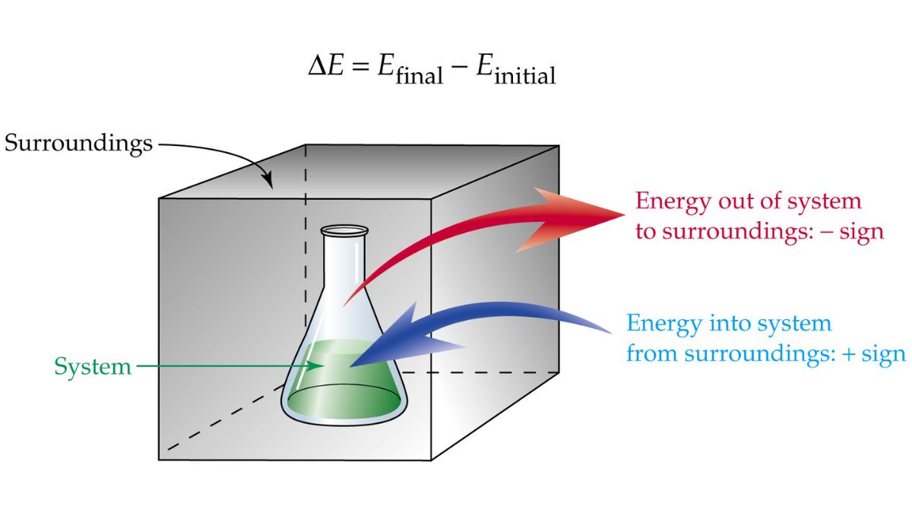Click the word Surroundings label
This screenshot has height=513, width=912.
tap(78, 143)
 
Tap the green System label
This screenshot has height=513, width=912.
tap(92, 367)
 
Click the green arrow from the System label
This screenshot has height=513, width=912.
tap(228, 367)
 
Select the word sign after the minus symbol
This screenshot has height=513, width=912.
tap(862, 231)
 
